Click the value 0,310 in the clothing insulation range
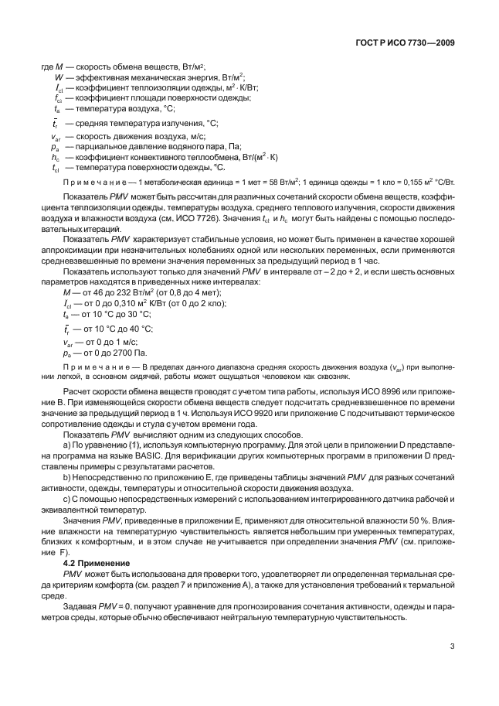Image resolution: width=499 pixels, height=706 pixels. pyautogui.click(x=124, y=302)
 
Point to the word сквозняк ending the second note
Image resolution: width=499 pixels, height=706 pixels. pyautogui.click(x=334, y=377)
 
